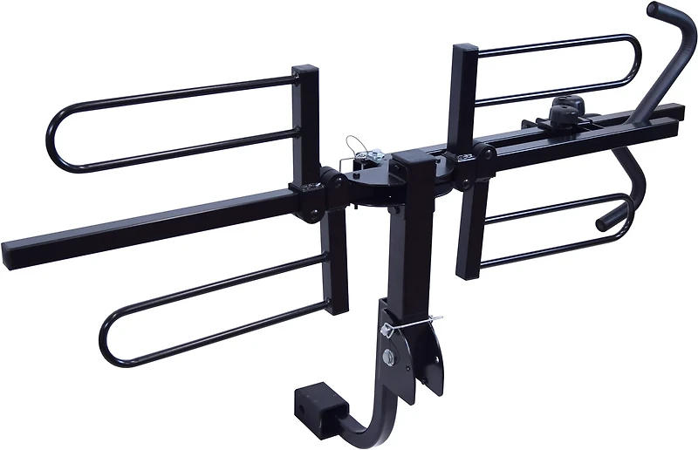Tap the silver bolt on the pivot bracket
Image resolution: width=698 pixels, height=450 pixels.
click(x=389, y=358)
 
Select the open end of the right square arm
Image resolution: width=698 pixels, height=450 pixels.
click(x=689, y=113)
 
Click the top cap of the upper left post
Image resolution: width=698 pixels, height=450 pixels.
click(x=305, y=70)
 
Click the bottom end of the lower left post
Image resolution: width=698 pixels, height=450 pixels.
click(x=336, y=307)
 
